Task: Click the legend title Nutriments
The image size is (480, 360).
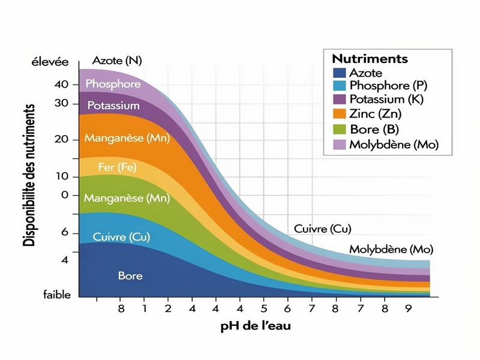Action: tap(370, 59)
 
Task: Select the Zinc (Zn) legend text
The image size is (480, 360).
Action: tap(376, 113)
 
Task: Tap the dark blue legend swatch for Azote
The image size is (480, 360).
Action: tap(339, 73)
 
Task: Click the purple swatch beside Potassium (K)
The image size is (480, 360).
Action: tap(339, 99)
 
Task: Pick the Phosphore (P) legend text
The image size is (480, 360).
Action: tap(388, 86)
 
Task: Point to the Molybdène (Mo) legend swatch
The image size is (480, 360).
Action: tap(339, 145)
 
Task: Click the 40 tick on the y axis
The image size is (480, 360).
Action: tap(62, 85)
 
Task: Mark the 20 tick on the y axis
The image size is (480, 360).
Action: tap(62, 139)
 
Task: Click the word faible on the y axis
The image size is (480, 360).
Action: tap(57, 295)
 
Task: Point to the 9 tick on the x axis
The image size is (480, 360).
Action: tap(408, 308)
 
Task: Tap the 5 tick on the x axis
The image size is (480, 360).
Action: tap(263, 308)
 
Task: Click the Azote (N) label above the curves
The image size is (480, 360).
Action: tap(117, 61)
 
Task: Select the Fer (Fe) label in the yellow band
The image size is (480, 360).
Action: tap(118, 167)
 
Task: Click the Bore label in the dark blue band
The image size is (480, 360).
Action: tap(130, 276)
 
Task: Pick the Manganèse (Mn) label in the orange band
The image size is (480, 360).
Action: tap(127, 138)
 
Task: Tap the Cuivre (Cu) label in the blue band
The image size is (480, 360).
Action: tap(121, 237)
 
